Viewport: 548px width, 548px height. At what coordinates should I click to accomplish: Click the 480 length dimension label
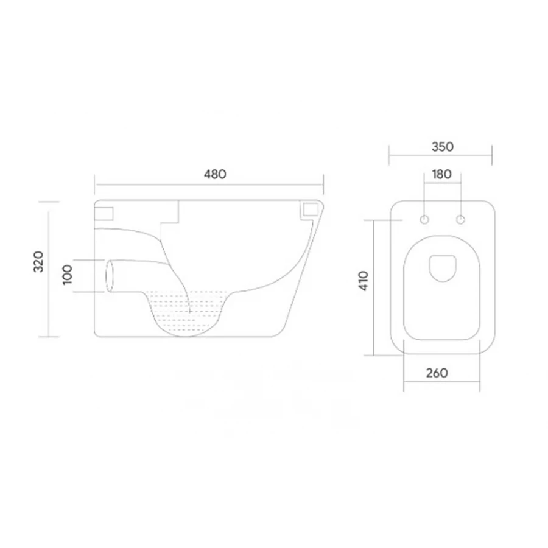point(215,174)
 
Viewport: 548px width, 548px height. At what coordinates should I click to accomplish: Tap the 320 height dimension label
point(38,262)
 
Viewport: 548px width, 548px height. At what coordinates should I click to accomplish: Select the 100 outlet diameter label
point(68,275)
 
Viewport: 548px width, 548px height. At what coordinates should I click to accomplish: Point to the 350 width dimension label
point(443,147)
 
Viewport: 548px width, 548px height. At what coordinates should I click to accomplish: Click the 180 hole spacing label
point(442,174)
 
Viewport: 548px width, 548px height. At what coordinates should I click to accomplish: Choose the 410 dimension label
point(364,281)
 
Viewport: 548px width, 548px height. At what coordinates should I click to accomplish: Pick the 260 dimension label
point(437,373)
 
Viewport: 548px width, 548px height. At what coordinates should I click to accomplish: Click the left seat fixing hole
point(424,220)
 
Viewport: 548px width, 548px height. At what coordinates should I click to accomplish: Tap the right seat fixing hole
point(461,220)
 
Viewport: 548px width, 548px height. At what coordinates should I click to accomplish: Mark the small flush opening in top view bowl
point(443,268)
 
